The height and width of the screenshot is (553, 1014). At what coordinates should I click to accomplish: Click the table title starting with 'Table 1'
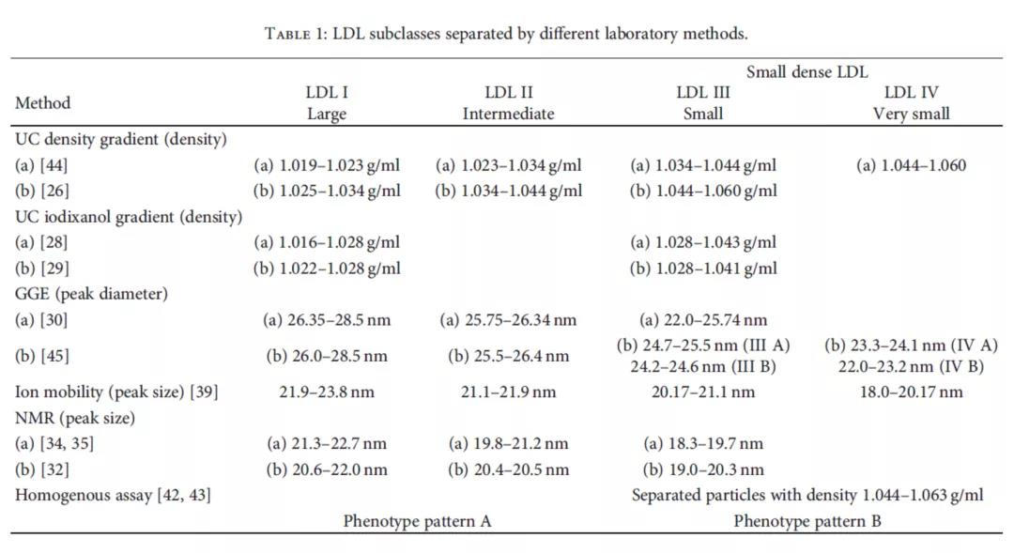[506, 34]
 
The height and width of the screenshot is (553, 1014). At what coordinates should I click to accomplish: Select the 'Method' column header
[42, 102]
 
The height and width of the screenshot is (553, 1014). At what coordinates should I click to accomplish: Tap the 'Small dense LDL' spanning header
[807, 71]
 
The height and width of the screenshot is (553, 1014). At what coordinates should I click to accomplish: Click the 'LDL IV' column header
[911, 92]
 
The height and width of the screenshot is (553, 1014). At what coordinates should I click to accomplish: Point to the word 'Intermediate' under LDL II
[508, 114]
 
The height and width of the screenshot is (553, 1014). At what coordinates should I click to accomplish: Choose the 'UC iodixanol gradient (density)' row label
[129, 216]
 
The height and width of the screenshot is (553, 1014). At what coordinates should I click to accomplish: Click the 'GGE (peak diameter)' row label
[91, 293]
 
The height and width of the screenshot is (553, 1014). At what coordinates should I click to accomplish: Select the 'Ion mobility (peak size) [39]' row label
[116, 392]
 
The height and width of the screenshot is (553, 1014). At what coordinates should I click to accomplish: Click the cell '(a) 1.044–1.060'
[911, 165]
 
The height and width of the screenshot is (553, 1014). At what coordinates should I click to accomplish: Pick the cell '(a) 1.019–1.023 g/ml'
[327, 165]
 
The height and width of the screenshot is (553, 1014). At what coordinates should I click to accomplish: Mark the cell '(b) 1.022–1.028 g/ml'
[327, 268]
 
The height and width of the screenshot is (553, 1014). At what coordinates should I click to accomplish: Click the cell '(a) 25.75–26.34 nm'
[508, 319]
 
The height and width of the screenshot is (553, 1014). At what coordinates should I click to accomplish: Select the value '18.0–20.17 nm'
[911, 392]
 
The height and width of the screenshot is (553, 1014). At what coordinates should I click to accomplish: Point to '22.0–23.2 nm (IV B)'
[911, 366]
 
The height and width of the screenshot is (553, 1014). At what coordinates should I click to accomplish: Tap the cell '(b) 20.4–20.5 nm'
[508, 469]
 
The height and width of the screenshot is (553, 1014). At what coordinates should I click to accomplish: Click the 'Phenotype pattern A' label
[417, 520]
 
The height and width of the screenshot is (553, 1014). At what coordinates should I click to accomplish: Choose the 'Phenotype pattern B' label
[807, 520]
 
